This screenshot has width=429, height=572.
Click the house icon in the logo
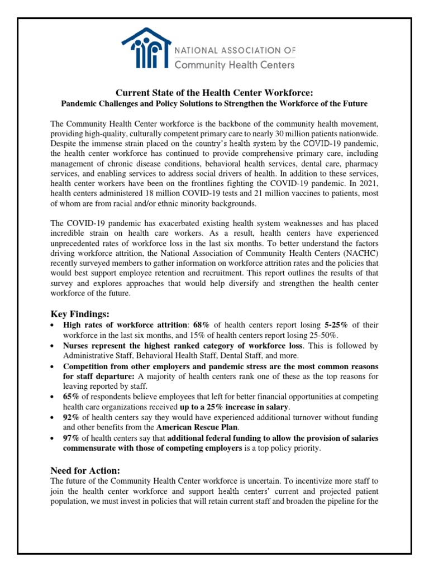(146, 50)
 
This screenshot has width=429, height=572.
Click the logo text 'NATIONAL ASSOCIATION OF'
(235, 50)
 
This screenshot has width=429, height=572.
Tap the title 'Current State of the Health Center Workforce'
(214, 93)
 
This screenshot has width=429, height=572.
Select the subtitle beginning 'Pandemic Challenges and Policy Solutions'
(214, 104)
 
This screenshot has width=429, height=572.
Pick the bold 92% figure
(71, 417)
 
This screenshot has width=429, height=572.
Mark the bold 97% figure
(71, 438)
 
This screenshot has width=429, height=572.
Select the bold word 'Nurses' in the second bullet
(76, 345)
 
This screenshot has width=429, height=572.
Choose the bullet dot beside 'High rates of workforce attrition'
(52, 325)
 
